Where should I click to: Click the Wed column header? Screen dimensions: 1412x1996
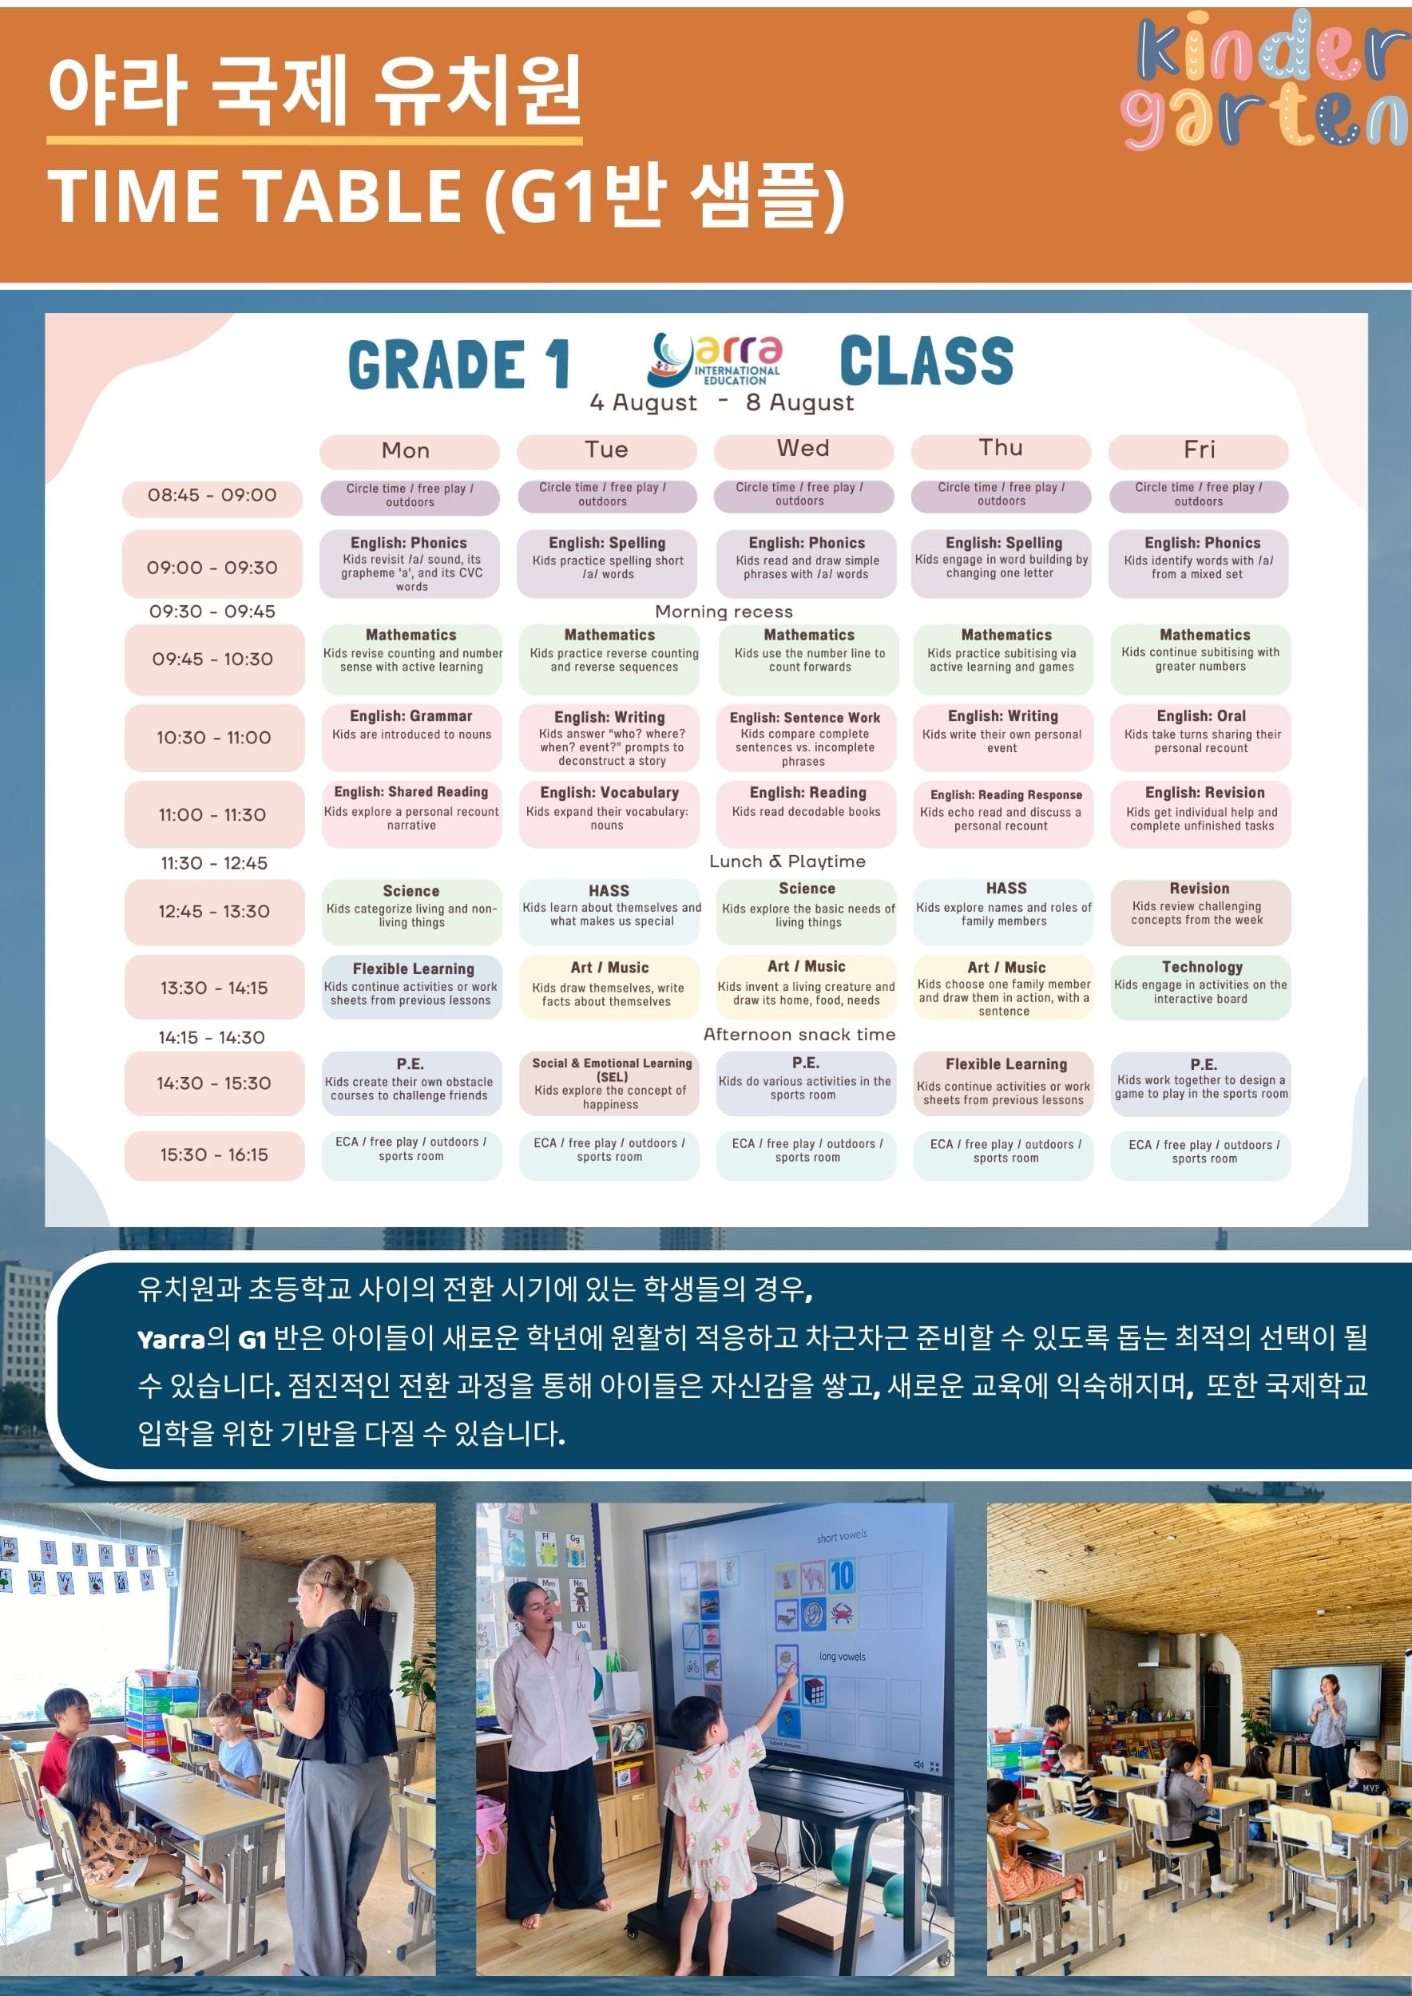point(803,450)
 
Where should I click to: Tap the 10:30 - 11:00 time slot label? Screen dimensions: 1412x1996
point(214,737)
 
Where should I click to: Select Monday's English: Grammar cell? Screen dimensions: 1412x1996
point(411,737)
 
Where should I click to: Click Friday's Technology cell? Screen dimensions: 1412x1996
point(1200,987)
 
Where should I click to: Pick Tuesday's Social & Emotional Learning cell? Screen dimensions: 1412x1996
point(609,1083)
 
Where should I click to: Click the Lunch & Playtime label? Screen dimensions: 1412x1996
point(787,861)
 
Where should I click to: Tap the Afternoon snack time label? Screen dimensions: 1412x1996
point(799,1035)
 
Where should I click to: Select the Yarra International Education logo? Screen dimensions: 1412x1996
point(715,359)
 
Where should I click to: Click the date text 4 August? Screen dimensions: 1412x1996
point(644,402)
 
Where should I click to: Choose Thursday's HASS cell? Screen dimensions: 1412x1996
point(1003,911)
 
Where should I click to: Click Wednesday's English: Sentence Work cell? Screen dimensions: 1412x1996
point(806,737)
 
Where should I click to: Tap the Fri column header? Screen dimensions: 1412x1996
point(1199,450)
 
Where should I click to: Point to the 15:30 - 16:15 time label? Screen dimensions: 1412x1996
point(214,1155)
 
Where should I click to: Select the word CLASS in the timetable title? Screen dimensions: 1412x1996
point(927,360)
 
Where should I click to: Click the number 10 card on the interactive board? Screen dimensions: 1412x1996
point(842,1575)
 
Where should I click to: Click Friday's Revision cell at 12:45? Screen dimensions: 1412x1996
point(1200,911)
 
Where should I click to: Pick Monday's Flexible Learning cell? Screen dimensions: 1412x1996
point(411,987)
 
